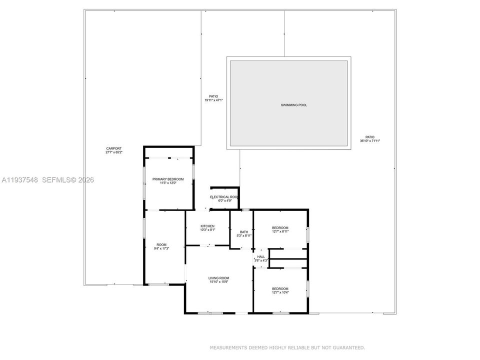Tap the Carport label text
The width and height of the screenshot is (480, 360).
point(113,148)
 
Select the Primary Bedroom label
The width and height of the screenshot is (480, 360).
point(168,179)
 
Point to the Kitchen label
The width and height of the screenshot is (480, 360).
point(207,226)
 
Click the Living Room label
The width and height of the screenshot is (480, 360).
point(218,278)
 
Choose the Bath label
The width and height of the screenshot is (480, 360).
point(244,231)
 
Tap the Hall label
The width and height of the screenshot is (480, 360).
point(261,256)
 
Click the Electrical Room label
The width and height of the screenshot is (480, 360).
point(223,197)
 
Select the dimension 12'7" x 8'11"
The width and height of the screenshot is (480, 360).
point(280,231)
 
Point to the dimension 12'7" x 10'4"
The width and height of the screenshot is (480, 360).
point(280,292)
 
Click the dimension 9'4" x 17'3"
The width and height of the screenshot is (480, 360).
point(163,248)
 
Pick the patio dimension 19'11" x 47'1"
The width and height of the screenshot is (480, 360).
point(213,100)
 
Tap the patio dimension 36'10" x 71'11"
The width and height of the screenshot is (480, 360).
point(370,141)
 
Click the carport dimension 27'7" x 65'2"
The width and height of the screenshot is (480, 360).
point(113,152)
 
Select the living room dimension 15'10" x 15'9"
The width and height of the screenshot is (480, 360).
point(218,282)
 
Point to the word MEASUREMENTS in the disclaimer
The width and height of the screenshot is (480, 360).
point(227,347)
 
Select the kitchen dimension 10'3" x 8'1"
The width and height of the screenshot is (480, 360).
point(207,230)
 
